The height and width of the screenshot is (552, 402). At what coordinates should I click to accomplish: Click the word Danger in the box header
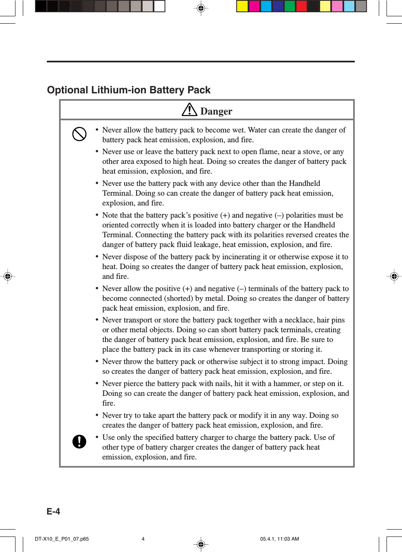216,111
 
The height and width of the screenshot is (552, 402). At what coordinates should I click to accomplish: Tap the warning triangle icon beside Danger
189,110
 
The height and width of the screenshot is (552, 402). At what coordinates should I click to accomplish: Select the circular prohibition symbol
79,134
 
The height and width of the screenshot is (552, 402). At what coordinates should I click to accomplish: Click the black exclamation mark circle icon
79,441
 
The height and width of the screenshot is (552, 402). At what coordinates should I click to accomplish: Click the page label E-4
53,511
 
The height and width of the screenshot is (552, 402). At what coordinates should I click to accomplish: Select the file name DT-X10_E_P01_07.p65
62,539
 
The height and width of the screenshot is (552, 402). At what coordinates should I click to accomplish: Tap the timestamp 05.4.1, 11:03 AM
279,539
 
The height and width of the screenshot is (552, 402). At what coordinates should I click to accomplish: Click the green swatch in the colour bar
290,6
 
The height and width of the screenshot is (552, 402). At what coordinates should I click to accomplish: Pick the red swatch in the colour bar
301,6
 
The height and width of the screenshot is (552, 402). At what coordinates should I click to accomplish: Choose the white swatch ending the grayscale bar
159,6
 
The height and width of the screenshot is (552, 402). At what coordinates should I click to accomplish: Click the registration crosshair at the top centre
201,8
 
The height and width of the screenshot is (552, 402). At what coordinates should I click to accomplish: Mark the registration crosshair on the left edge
7,276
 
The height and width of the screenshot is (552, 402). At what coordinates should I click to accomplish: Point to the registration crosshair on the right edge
394,276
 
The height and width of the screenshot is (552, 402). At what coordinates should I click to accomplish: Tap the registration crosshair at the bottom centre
201,544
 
